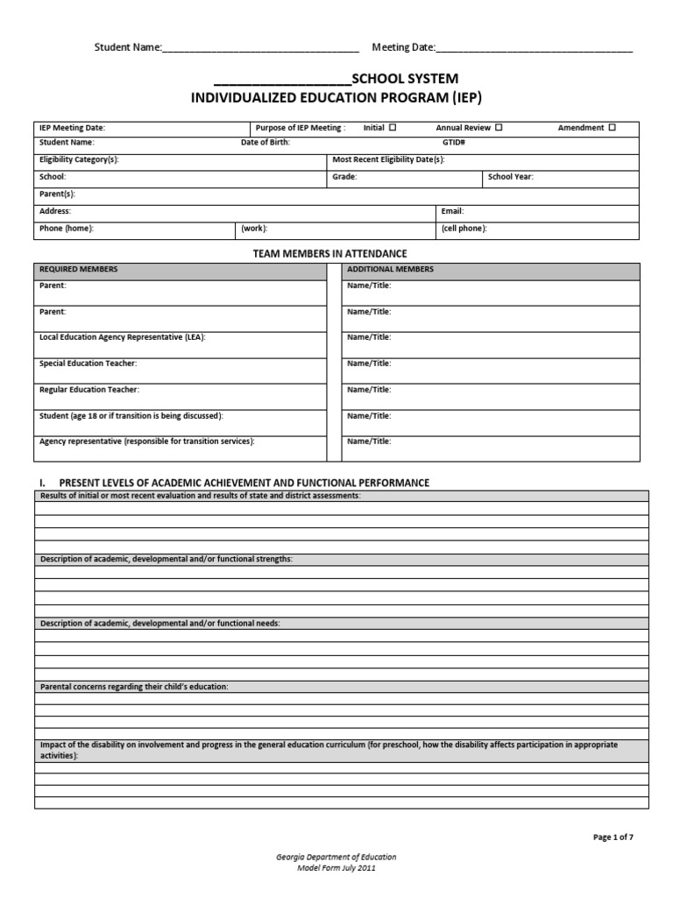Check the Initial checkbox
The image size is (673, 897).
pos(393,128)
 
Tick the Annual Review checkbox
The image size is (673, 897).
pos(499,128)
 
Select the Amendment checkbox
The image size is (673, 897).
pos(612,128)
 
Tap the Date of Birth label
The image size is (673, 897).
pos(265,141)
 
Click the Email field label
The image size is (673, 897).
pos(452,211)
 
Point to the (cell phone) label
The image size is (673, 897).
pos(464,229)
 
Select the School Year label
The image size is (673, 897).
pos(511,176)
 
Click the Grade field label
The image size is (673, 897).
pos(344,176)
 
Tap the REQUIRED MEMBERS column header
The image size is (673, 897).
pos(79,269)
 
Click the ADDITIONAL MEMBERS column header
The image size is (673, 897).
pos(390,269)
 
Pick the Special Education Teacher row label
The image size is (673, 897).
pos(88,363)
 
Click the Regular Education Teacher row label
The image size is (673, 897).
pos(89,389)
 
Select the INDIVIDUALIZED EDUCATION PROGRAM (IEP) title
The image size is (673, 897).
pos(337,97)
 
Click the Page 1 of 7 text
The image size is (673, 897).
pos(613,837)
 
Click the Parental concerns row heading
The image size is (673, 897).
pos(134,687)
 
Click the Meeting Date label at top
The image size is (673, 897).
pos(403,47)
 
